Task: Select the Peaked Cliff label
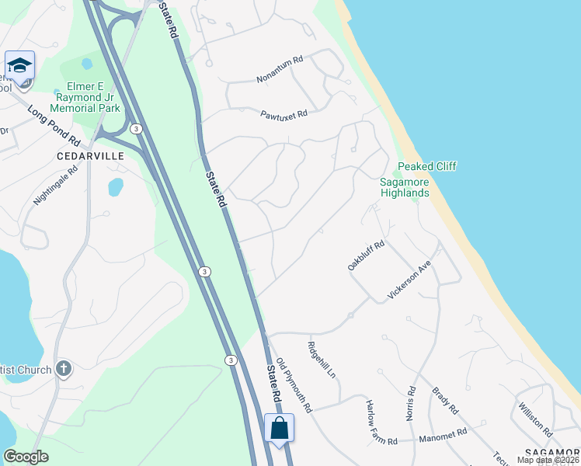click(427, 166)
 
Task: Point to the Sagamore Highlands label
click(404, 187)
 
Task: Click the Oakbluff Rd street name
click(366, 256)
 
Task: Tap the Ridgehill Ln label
click(322, 360)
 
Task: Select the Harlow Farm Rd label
click(381, 422)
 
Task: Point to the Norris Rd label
click(411, 404)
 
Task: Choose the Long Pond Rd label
click(54, 126)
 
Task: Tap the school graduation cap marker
click(19, 64)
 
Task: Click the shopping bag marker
click(279, 427)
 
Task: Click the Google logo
click(26, 456)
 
